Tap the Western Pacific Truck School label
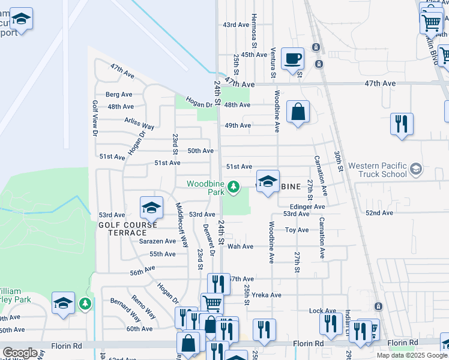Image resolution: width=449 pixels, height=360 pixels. [378, 170]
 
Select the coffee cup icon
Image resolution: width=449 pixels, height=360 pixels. [292, 59]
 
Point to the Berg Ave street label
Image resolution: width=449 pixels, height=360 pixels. [119, 95]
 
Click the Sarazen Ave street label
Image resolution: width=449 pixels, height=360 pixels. [157, 241]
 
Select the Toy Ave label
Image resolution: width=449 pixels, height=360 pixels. [297, 230]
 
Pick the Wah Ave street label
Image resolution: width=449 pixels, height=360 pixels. [240, 247]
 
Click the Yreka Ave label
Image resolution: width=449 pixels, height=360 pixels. [267, 295]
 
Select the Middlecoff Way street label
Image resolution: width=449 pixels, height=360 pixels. [181, 224]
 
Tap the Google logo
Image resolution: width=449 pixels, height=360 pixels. [20, 352]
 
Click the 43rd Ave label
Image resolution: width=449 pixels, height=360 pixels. [235, 25]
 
